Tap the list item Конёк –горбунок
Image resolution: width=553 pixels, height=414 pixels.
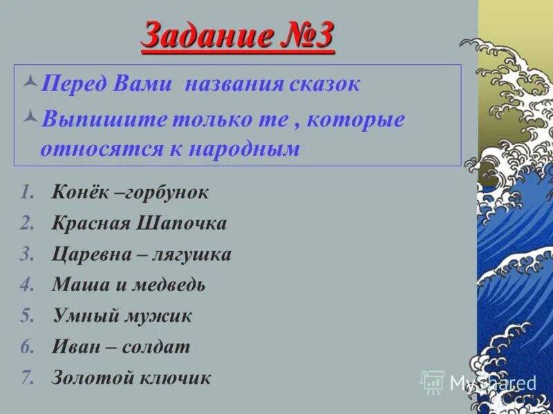[x=130, y=193]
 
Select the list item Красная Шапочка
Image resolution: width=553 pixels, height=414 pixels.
[x=139, y=224]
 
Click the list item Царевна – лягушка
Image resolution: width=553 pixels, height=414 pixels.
[x=142, y=255]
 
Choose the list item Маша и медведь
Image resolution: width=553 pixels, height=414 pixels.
[x=129, y=285]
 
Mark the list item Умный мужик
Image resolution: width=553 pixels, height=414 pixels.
[x=122, y=316]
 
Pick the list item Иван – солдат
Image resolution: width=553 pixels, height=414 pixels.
[x=121, y=347]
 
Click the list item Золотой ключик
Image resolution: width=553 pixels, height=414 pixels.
[x=131, y=377]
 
